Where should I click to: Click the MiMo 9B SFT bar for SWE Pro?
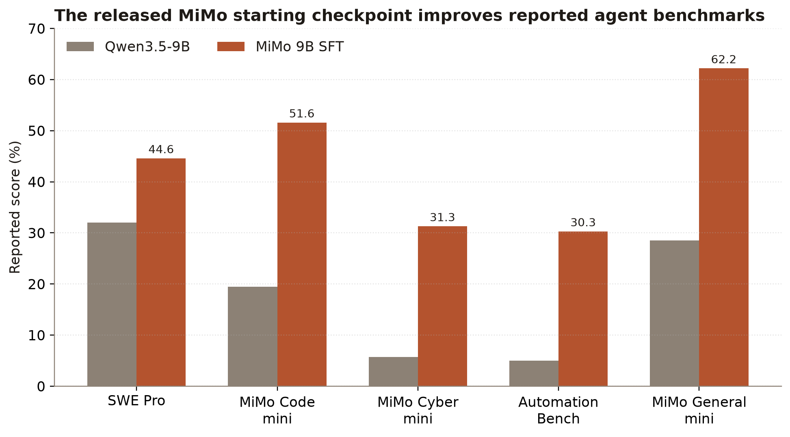(161, 272)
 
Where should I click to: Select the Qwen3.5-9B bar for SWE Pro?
(112, 304)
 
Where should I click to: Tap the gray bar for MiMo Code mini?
(253, 336)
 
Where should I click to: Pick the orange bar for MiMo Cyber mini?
(442, 306)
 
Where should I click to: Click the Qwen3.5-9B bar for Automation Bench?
(534, 373)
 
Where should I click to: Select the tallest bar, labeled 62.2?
(724, 227)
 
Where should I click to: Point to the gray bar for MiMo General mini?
(674, 313)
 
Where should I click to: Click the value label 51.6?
(302, 114)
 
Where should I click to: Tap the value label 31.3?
(442, 218)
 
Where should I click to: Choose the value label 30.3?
(583, 223)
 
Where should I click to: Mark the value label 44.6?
(161, 149)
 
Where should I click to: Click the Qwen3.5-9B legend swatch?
(80, 47)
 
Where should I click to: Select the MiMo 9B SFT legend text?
(300, 47)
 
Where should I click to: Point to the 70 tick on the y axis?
(52, 28)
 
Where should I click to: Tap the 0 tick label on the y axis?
(41, 386)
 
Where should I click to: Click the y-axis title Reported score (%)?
(15, 207)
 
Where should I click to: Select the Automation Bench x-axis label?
(558, 410)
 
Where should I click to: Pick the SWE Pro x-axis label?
(136, 401)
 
